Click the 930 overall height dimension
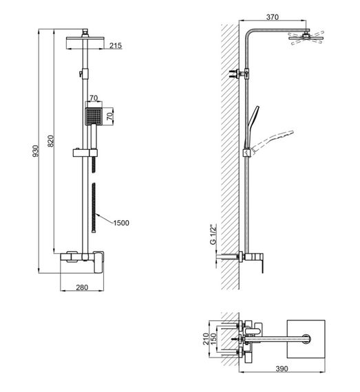[x=36, y=151]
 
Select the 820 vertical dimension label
[x=51, y=141]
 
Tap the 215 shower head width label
[x=116, y=45]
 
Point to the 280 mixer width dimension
[x=82, y=287]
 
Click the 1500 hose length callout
[x=121, y=223]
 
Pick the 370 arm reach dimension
[x=272, y=17]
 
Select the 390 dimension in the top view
[x=282, y=369]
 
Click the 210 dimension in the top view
[x=206, y=339]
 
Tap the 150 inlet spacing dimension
[x=213, y=339]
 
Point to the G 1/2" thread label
[x=213, y=235]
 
